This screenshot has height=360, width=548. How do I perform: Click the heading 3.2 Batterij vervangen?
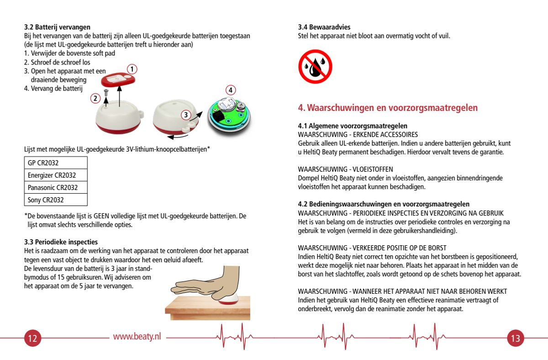click(x=57, y=27)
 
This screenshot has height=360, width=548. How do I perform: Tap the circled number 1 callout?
click(x=132, y=69)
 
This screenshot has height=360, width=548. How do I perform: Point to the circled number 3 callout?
click(x=185, y=115)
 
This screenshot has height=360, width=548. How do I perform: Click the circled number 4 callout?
click(x=231, y=90)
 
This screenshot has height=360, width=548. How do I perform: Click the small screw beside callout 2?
click(x=105, y=94)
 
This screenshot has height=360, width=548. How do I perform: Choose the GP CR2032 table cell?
click(x=55, y=163)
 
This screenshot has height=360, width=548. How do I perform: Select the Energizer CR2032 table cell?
click(x=55, y=175)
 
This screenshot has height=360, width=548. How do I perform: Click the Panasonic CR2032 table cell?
click(x=55, y=187)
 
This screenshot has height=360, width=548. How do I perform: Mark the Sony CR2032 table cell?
click(x=55, y=200)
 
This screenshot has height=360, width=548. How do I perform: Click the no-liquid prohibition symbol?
click(x=315, y=67)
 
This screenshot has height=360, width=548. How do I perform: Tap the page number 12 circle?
click(x=32, y=339)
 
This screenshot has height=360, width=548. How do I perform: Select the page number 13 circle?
click(x=515, y=339)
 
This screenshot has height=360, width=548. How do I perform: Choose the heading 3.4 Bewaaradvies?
click(x=324, y=27)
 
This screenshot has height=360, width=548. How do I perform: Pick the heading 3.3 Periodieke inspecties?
click(x=61, y=242)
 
